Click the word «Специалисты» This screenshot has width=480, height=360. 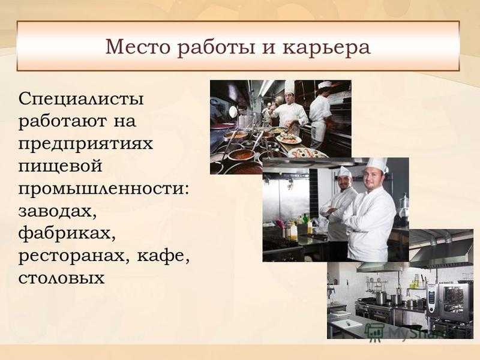(x=81, y=100)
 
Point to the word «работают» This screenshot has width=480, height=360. (x=63, y=121)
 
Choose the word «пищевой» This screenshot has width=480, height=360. (x=61, y=166)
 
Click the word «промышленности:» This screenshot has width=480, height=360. (x=104, y=188)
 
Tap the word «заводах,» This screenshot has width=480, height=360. (x=58, y=211)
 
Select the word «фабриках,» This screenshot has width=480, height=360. (x=67, y=233)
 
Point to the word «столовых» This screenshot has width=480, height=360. (x=62, y=278)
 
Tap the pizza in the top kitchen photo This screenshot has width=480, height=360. (x=309, y=152)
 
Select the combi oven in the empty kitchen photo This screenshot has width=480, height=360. (x=449, y=303)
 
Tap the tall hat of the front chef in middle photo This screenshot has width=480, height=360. (x=376, y=164)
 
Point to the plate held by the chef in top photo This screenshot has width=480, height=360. (x=289, y=139)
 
